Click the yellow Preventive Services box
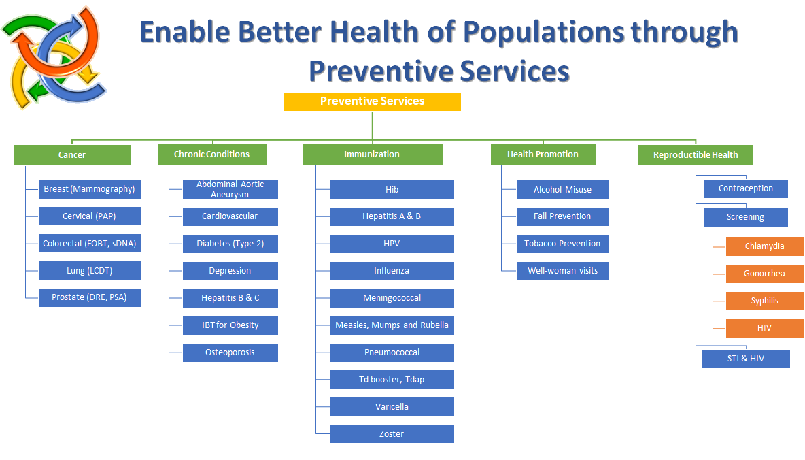pyautogui.click(x=372, y=101)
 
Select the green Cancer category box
pyautogui.click(x=72, y=154)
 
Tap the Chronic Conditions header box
pyautogui.click(x=212, y=154)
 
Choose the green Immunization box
pyautogui.click(x=372, y=154)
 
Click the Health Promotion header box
pyautogui.click(x=543, y=154)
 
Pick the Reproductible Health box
pyautogui.click(x=696, y=154)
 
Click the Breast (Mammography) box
pyautogui.click(x=90, y=189)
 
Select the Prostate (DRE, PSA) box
pyautogui.click(x=90, y=297)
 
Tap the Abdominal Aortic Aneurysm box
pyautogui.click(x=230, y=189)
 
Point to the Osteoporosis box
pyautogui.click(x=230, y=352)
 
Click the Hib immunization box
pyautogui.click(x=392, y=189)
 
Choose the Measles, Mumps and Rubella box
pyautogui.click(x=392, y=325)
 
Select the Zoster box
pyautogui.click(x=392, y=433)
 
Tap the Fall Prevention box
pyautogui.click(x=563, y=216)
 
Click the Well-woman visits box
pyautogui.click(x=563, y=271)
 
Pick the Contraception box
pyautogui.click(x=746, y=188)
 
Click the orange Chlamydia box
pyautogui.click(x=765, y=246)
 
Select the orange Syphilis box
pyautogui.click(x=765, y=301)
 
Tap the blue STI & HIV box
pyautogui.click(x=746, y=359)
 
